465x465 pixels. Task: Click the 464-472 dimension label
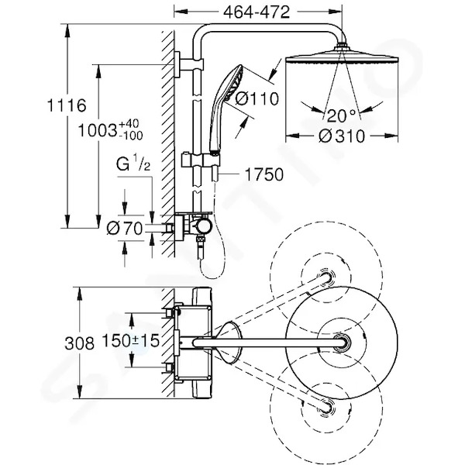pos(257,12)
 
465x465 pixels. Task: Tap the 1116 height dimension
pos(67,105)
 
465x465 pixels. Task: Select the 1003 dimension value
pos(98,130)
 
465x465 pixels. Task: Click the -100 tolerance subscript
pos(131,136)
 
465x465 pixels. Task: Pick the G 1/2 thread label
pos(133,164)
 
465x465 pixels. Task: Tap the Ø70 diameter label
pos(125,229)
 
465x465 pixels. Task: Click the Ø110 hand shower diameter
pos(257,98)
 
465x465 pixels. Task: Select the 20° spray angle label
pos(341,115)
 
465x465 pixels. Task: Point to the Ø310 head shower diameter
pos(342,136)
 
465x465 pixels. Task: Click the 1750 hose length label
pos(264,174)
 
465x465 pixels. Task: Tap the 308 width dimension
pos(80,343)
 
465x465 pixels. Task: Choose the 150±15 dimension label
pos(130,340)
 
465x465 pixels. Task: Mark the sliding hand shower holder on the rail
pos(201,160)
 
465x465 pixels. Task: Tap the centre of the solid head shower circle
pos(342,343)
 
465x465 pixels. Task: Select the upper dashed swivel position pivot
pos(325,278)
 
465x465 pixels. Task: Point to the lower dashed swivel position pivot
pos(326,407)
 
